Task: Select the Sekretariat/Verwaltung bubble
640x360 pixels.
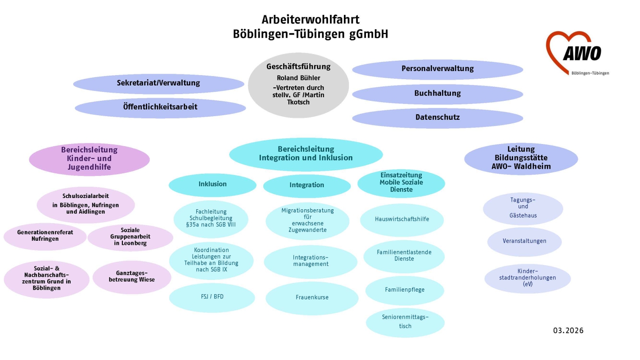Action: (158, 83)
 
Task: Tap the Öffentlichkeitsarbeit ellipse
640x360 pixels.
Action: (160, 107)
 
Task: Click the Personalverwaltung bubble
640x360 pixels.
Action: (437, 69)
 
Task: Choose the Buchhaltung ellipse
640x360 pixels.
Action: (437, 94)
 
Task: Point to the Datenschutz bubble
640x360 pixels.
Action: (437, 117)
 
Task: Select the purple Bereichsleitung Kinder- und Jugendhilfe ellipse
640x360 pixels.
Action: (89, 159)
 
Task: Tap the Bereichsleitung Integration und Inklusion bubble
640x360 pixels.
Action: (306, 153)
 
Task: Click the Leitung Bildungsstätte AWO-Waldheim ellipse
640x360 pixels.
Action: (521, 158)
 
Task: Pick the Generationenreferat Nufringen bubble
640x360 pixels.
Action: (45, 235)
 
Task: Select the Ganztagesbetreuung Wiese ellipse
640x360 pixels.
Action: (131, 276)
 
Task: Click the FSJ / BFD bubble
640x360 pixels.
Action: (212, 297)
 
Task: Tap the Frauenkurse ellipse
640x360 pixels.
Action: (312, 297)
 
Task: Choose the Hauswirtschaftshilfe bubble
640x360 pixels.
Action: (402, 220)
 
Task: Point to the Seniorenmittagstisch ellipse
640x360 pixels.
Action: (405, 322)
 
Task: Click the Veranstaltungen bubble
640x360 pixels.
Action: (524, 241)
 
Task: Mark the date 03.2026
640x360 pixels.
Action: (568, 331)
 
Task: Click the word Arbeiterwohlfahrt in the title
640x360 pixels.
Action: (311, 20)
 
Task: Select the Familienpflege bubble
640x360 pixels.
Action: (405, 290)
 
